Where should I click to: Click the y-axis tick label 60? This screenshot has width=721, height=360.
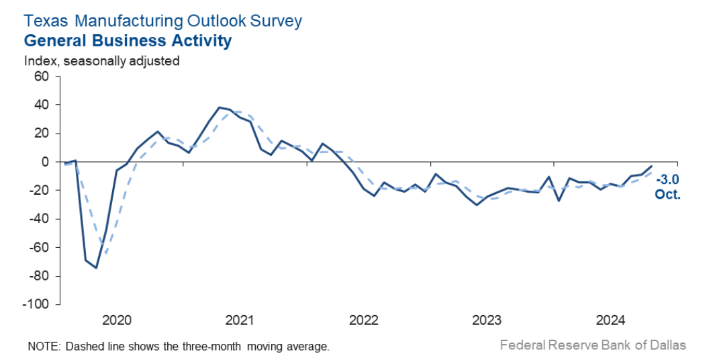(42, 77)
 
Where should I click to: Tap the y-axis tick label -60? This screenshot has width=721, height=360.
(40, 247)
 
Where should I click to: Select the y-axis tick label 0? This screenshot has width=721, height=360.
(46, 162)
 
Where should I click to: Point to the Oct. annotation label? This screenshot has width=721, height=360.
(667, 195)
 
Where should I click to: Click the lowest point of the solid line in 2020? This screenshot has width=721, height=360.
(96, 268)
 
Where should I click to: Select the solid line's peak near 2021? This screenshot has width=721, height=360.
(220, 107)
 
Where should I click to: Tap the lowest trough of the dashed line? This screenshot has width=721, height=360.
(105, 255)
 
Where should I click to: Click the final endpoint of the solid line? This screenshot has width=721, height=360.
(651, 166)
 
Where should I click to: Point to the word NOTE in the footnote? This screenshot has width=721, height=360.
(42, 347)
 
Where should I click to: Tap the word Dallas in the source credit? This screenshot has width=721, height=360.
(667, 345)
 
